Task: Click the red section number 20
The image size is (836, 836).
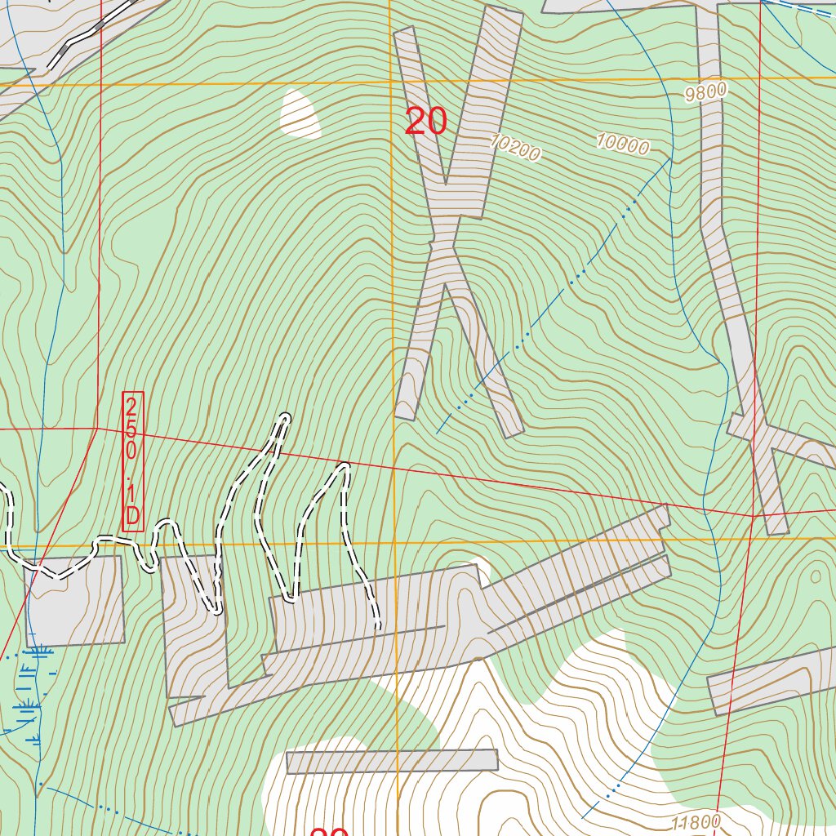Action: (425, 122)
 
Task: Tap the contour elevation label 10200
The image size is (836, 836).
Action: (516, 148)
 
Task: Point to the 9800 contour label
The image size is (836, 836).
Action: (705, 92)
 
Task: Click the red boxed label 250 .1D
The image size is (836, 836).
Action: (133, 461)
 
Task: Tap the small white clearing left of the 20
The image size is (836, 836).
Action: (300, 113)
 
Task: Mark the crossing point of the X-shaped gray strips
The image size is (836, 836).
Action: (447, 237)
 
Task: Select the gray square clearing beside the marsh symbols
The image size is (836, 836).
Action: (75, 601)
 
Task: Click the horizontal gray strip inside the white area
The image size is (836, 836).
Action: (392, 761)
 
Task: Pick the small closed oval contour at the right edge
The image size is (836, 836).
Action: (815, 576)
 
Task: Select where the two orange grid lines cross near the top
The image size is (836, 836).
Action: (390, 82)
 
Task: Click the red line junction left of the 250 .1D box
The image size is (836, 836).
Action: (97, 428)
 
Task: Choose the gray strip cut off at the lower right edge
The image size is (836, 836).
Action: (772, 682)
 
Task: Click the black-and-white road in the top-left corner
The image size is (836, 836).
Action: (90, 33)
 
